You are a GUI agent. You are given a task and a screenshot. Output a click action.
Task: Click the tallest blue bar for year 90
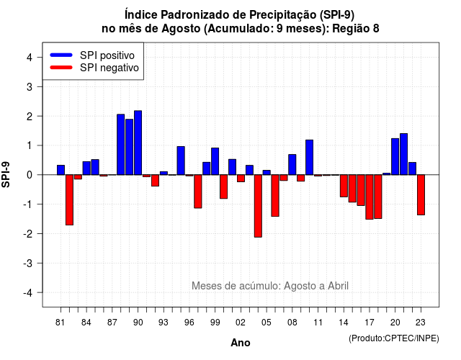click(138, 143)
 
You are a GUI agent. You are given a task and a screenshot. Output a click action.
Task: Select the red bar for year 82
click(69, 200)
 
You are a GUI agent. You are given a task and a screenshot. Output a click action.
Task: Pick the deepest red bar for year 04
click(258, 206)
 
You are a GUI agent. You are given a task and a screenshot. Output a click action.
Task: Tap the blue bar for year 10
click(309, 157)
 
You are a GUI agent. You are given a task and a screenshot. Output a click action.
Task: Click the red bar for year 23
click(421, 195)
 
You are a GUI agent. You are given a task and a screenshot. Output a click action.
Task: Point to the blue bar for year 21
click(403, 154)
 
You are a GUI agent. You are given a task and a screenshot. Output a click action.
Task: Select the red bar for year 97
click(198, 192)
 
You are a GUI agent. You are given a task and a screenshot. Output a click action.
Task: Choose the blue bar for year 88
click(120, 145)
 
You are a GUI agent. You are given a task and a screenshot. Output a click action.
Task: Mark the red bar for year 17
click(370, 197)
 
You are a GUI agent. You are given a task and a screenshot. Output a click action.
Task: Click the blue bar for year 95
click(181, 161)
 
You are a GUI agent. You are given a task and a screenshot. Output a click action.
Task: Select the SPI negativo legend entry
click(94, 68)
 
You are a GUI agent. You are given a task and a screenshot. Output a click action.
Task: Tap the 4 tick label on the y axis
click(30, 58)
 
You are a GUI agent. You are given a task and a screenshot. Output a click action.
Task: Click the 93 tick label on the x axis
click(164, 323)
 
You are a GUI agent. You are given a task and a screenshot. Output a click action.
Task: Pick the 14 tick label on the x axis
click(344, 323)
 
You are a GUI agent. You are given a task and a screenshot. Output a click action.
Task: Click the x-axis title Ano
click(241, 343)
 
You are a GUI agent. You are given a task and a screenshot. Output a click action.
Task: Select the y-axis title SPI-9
click(6, 174)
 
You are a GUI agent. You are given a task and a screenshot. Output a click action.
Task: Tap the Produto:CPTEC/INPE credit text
click(394, 338)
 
